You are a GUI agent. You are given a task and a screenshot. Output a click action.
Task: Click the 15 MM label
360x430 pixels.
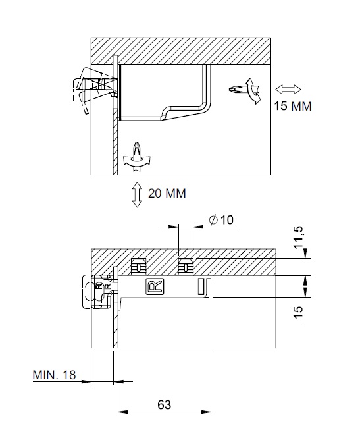click(x=293, y=106)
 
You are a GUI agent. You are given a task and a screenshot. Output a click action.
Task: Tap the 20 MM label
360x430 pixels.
click(x=167, y=194)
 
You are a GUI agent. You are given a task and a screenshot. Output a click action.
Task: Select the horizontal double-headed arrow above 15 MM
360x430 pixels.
click(x=288, y=89)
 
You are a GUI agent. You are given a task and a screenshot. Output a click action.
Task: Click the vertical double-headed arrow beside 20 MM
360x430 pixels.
click(x=137, y=194)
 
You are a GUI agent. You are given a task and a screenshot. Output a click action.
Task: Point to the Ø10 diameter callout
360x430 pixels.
click(x=221, y=220)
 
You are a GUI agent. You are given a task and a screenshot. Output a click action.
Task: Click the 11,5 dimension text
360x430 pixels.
click(x=299, y=237)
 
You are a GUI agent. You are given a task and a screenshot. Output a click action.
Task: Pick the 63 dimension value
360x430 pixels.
click(x=165, y=405)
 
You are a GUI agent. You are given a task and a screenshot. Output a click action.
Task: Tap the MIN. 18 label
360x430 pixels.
click(x=54, y=375)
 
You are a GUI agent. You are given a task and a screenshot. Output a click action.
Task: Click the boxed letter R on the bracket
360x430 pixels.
click(x=155, y=286)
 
